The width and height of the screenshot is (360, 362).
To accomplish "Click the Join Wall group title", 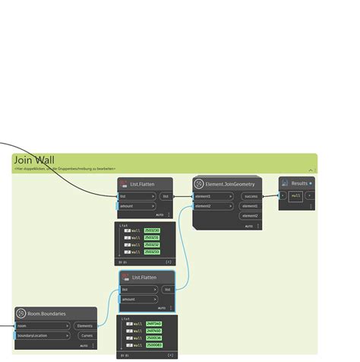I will pos(34,160).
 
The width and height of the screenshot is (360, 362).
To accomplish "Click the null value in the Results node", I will pos(296,195).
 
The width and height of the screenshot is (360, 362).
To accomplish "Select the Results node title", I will pos(299,183).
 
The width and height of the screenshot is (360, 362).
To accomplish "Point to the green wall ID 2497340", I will pos(153,324).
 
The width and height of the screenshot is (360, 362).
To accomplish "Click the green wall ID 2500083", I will pos(153,345).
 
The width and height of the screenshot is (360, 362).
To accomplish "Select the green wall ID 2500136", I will pos(153,338).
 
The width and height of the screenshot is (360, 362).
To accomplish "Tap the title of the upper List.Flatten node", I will pos(142,183).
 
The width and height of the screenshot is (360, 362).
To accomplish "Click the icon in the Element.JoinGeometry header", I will pos(198,183).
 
